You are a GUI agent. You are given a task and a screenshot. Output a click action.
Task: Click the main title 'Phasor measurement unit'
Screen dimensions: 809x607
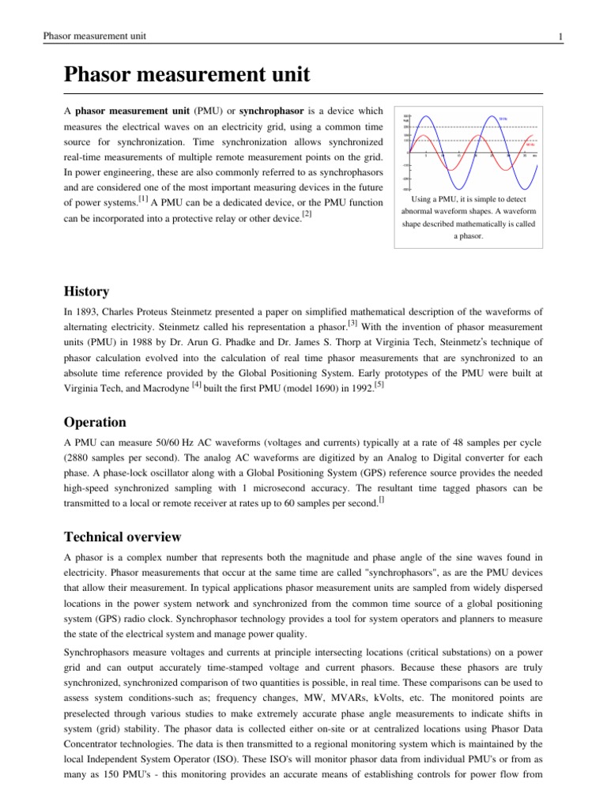[x=186, y=76]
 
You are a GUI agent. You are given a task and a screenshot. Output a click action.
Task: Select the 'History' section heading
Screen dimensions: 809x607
[x=86, y=292]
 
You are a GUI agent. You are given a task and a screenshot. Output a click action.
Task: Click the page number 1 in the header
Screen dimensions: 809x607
[x=560, y=36]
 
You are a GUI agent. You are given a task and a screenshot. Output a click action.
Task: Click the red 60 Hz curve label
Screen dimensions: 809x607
[x=530, y=145]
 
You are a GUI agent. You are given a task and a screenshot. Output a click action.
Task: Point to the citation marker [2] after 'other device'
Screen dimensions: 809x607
[x=307, y=214]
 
